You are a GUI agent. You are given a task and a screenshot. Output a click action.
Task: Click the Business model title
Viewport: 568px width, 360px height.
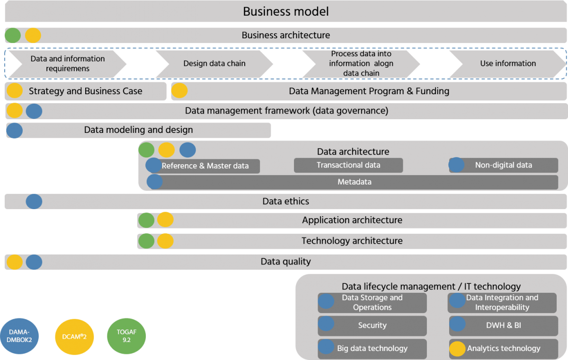click(x=285, y=11)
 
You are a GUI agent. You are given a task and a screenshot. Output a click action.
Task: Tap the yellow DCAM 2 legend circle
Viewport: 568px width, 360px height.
click(x=74, y=336)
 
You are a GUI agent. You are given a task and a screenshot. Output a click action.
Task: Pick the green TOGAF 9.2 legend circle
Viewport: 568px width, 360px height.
click(x=126, y=335)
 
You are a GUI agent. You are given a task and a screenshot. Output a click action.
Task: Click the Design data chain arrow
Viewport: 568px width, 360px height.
click(x=214, y=63)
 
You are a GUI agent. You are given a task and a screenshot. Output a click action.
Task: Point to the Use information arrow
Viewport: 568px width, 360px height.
click(x=507, y=63)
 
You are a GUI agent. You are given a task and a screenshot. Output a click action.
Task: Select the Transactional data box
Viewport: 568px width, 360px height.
click(x=348, y=165)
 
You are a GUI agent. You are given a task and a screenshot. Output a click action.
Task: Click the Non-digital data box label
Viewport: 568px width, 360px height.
click(x=503, y=165)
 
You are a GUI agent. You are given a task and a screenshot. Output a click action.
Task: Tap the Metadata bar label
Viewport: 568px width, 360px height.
click(x=354, y=182)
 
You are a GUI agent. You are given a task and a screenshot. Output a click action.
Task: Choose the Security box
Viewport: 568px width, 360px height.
click(x=372, y=325)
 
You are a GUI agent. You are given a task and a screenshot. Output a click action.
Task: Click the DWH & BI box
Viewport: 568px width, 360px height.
click(x=504, y=325)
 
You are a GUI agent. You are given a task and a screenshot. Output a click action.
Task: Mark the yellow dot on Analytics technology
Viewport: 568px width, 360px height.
click(x=457, y=349)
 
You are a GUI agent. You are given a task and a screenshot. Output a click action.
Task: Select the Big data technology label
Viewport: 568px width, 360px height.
click(x=372, y=349)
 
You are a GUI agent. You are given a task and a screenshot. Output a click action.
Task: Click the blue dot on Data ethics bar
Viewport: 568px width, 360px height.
click(x=34, y=202)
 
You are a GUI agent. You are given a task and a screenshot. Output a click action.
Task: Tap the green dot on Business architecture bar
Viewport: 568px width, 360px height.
click(x=13, y=35)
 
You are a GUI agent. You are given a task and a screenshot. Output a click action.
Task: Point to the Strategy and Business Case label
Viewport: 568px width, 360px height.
click(x=85, y=91)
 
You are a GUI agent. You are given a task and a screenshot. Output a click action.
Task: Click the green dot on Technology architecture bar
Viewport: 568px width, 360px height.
click(x=146, y=241)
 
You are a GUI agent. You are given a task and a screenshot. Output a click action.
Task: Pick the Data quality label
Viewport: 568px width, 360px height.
click(x=285, y=262)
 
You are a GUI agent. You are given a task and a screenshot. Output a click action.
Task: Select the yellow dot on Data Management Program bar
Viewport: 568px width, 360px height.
click(x=179, y=91)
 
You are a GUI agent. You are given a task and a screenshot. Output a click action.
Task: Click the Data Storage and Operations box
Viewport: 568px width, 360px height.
click(x=372, y=303)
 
